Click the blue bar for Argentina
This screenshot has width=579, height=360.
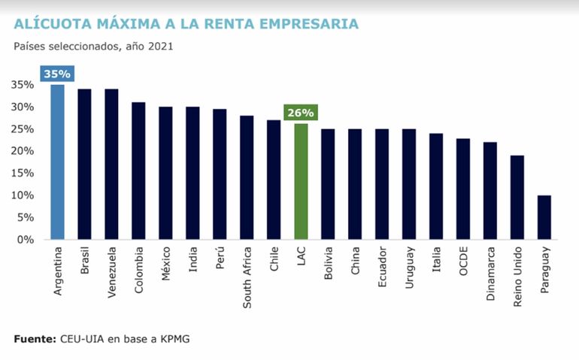(57, 162)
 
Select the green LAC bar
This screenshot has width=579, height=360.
(301, 181)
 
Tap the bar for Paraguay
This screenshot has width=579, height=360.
(544, 217)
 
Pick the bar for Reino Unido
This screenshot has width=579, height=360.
(517, 197)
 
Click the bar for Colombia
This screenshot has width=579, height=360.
(138, 171)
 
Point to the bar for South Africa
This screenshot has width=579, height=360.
(247, 177)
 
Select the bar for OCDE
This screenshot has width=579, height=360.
(462, 189)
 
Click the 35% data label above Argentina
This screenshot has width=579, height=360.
(57, 74)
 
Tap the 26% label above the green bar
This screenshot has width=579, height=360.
(301, 113)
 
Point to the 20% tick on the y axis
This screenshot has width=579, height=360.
(22, 151)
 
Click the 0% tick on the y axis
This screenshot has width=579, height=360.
(26, 240)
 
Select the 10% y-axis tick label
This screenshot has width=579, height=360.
(22, 195)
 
